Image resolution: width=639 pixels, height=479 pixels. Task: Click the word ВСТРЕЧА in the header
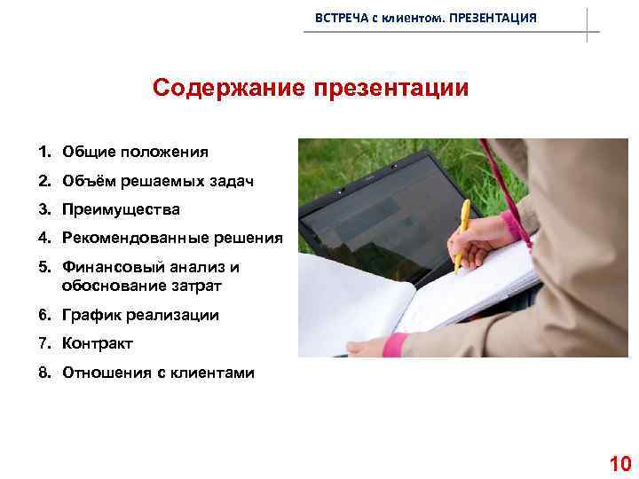(x=339, y=19)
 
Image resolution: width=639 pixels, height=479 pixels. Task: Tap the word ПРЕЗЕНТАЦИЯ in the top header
(x=493, y=19)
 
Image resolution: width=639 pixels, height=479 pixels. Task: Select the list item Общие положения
(x=135, y=152)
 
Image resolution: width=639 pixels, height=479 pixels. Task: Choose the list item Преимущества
(x=121, y=210)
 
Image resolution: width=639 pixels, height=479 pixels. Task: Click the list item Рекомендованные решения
(x=172, y=238)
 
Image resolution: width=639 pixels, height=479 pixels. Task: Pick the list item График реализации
(x=140, y=315)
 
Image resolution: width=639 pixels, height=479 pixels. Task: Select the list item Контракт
(x=98, y=343)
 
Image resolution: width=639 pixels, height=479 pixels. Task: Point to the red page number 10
(x=619, y=463)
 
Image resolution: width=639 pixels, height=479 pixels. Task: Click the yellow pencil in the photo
(x=461, y=234)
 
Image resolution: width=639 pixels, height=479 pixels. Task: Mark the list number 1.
(x=43, y=152)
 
